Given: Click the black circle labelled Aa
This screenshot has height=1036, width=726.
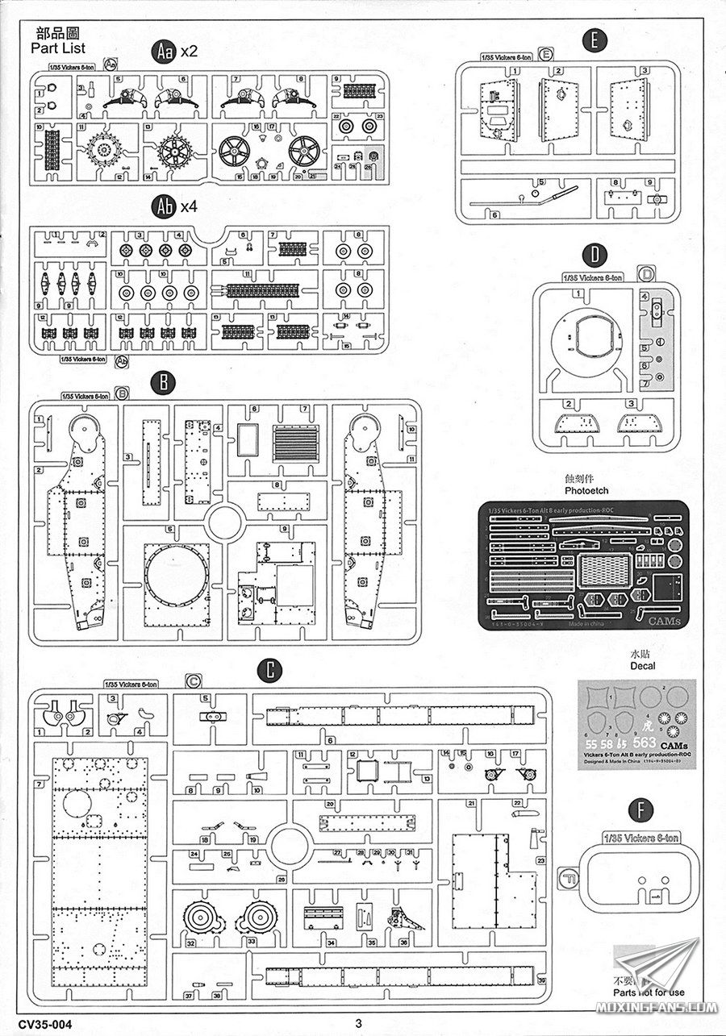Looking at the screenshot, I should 164,52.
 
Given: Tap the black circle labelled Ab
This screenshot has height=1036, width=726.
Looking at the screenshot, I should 164,206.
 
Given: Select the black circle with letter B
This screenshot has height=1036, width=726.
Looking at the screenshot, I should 164,381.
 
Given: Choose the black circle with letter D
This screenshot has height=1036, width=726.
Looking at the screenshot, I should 595,256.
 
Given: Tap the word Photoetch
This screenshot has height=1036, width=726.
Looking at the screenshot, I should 586,490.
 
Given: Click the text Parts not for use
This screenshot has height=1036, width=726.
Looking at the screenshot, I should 649,992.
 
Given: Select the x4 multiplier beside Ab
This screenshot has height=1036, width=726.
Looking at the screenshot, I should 190,206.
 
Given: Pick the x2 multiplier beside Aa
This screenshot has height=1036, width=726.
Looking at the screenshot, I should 190,52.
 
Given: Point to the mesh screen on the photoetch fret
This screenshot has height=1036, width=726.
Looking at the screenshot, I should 604,570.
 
